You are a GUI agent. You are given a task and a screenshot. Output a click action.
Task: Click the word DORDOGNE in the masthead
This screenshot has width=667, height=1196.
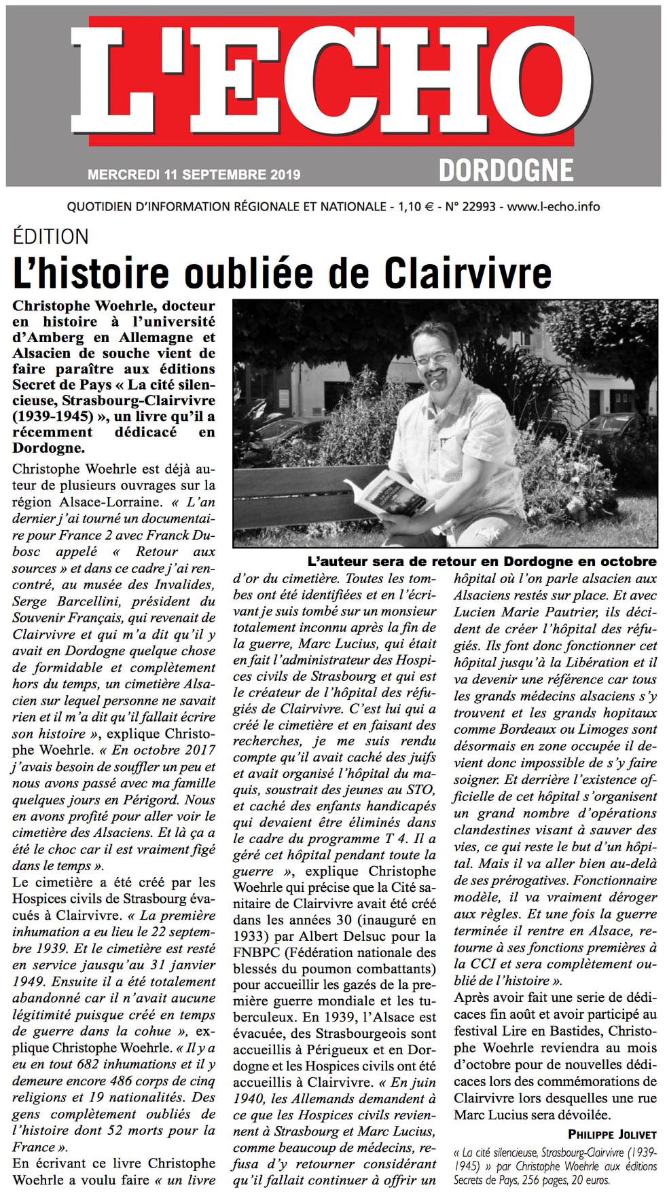coord(505,170)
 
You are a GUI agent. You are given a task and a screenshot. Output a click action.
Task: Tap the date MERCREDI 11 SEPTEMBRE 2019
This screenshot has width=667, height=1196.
coord(194,175)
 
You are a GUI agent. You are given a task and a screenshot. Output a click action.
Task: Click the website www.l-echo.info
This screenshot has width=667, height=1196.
coord(553,206)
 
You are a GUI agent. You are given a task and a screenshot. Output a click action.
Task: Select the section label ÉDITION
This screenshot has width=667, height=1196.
coord(51,237)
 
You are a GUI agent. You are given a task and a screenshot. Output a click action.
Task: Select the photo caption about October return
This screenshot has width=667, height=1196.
coord(482,561)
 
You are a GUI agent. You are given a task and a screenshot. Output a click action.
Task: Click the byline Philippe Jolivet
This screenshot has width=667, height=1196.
coord(611,1134)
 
